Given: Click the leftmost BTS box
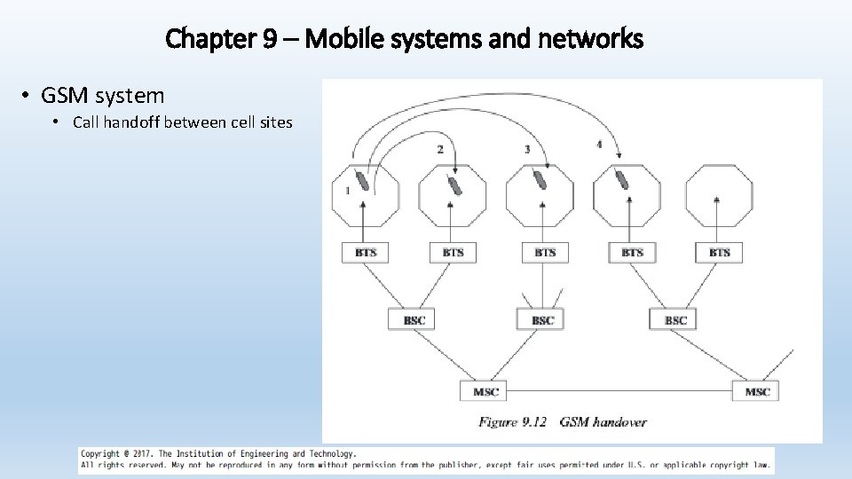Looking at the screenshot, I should [366, 253].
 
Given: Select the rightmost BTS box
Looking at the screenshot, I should [719, 253].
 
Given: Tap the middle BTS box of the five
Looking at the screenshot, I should [544, 253].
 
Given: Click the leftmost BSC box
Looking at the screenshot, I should [414, 319].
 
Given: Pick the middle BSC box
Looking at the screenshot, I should [541, 319].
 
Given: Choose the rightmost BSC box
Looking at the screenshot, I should [675, 319].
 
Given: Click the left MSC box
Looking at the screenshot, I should [485, 391].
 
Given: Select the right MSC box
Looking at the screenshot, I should [756, 391].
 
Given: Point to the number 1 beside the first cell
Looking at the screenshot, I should [347, 190].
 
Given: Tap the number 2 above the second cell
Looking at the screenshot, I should [440, 149].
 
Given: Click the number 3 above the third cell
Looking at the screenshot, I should [527, 149].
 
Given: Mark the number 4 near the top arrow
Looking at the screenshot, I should [599, 144].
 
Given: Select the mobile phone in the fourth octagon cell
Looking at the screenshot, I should [623, 179].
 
